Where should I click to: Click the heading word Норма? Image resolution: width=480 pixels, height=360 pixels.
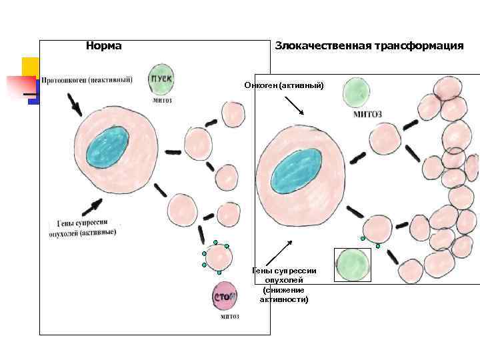(104, 46)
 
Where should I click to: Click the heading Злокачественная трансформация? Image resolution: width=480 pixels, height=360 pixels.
(369, 46)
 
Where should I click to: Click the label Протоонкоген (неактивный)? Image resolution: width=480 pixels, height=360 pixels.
(87, 81)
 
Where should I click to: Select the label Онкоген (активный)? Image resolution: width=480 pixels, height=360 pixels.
(283, 85)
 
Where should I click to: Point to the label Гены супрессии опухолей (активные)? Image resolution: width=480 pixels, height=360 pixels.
(82, 228)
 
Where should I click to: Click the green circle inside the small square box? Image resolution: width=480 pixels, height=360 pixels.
(352, 265)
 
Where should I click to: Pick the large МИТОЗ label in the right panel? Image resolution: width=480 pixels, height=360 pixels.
(367, 114)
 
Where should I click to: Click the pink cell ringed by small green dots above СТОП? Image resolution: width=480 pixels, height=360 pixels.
(219, 257)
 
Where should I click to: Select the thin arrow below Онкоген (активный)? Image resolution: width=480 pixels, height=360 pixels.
(294, 106)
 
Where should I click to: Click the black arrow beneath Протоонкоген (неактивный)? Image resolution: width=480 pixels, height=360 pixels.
(74, 103)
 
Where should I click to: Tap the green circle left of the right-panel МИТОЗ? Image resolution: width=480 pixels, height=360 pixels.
(357, 92)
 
